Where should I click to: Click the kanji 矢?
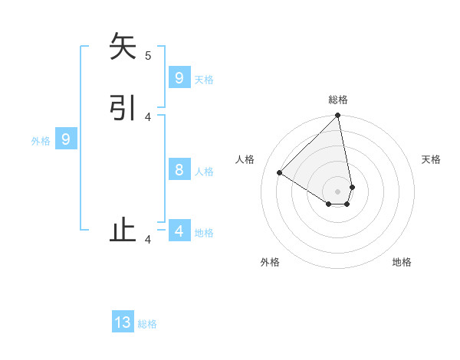click(x=123, y=47)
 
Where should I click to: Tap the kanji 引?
click(x=123, y=108)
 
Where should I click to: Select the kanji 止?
click(x=123, y=231)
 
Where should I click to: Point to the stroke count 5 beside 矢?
click(x=148, y=55)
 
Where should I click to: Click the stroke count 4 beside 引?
click(x=148, y=117)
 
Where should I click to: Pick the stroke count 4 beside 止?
click(x=148, y=240)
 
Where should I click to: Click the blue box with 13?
click(x=123, y=322)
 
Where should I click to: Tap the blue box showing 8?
click(x=179, y=170)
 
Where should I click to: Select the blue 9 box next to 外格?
click(x=66, y=139)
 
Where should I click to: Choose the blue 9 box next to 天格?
click(x=179, y=78)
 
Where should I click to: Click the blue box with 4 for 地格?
click(x=179, y=231)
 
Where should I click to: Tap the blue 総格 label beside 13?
click(x=147, y=324)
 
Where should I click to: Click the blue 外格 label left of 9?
click(x=41, y=141)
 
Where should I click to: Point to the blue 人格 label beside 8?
click(x=204, y=172)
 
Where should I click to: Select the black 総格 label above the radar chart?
click(x=338, y=100)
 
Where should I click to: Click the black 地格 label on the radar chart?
click(x=402, y=262)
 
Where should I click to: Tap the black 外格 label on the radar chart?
click(x=270, y=262)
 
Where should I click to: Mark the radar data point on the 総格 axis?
click(x=338, y=116)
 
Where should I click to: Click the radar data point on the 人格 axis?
click(x=280, y=173)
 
